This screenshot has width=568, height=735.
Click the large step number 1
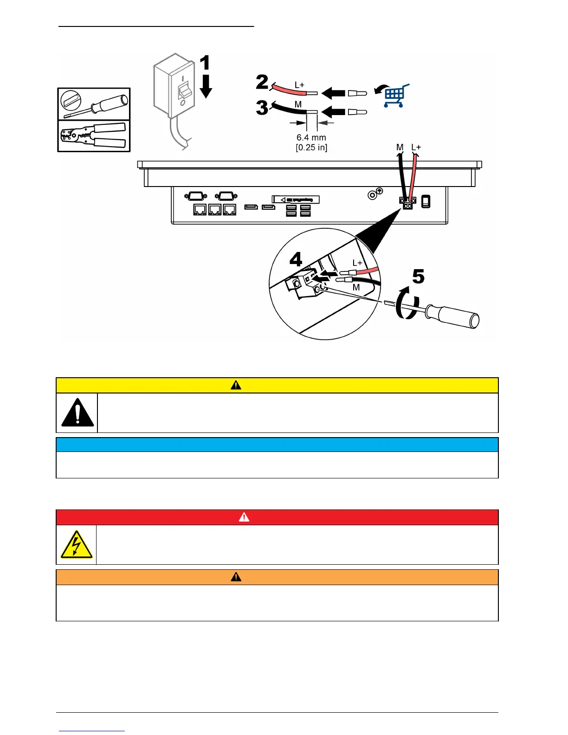click(205, 63)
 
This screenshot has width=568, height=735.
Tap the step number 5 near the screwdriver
click(418, 277)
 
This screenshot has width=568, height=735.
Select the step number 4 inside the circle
click(296, 259)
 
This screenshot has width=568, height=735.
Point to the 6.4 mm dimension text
click(311, 137)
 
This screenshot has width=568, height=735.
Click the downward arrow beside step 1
click(206, 87)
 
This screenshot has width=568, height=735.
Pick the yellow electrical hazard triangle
click(77, 544)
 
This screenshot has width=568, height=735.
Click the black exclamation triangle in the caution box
click(77, 413)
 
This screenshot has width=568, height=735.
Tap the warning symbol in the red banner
click(244, 517)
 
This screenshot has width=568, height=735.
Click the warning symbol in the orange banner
click(236, 577)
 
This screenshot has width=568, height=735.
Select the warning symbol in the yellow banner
click(236, 385)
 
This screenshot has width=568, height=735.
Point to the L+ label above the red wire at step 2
click(299, 85)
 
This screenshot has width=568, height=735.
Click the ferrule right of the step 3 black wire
click(357, 112)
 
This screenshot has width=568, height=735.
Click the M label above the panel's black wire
click(400, 148)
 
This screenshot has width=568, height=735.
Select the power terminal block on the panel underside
click(407, 202)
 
